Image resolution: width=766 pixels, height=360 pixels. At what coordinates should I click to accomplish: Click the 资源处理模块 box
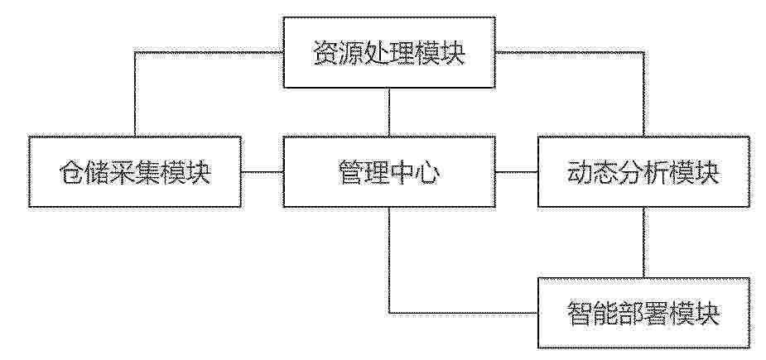389,53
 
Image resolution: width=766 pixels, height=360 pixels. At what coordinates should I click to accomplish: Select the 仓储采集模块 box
135,172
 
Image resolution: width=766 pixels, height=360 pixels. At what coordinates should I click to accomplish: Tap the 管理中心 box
389,172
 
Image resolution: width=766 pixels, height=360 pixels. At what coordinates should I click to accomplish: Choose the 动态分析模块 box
643,172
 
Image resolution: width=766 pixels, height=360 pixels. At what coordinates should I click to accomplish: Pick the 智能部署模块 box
643,313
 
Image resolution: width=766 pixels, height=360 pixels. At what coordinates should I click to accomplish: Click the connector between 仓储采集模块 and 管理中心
263,172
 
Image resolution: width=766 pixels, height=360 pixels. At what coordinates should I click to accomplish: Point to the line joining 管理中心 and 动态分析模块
517,172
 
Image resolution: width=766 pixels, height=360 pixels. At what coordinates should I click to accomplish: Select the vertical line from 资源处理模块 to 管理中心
389,113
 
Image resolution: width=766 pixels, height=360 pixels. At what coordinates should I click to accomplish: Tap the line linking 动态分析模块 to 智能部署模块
643,242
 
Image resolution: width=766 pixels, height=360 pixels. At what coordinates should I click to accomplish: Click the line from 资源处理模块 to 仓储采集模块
135,52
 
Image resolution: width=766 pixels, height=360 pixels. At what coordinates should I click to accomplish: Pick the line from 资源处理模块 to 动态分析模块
643,52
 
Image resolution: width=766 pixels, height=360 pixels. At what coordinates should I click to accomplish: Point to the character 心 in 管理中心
427,173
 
